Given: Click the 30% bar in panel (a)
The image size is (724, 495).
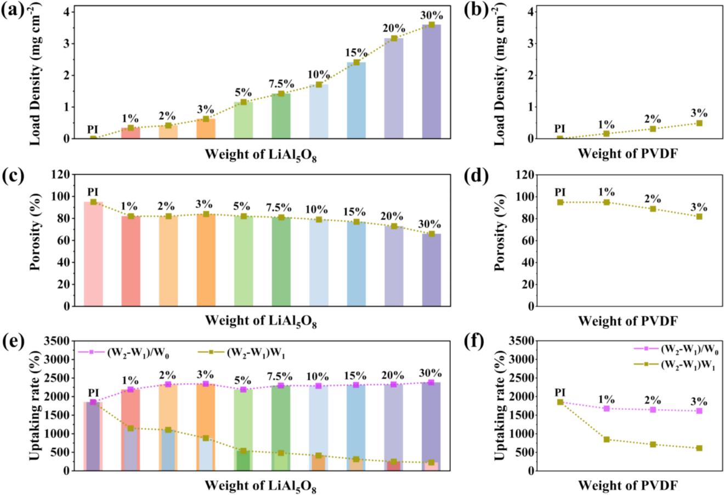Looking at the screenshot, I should click(431, 82).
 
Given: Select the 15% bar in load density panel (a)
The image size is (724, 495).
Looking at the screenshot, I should click(356, 101).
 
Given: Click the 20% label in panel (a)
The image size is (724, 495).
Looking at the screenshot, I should click(394, 28).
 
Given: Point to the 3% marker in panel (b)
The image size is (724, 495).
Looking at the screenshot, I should click(699, 123).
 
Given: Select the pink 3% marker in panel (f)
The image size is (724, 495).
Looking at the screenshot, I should click(699, 411).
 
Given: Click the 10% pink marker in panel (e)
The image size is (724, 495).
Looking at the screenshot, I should click(318, 386).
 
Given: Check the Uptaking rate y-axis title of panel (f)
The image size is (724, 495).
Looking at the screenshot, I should click(500, 406).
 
